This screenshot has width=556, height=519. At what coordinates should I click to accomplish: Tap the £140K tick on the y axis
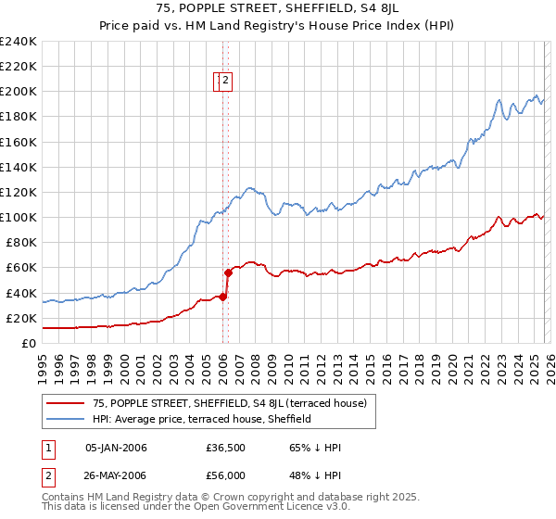[x=19, y=167]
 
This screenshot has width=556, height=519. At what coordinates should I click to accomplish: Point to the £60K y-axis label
[x=21, y=268]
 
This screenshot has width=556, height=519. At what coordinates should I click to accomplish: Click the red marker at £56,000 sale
[x=228, y=272]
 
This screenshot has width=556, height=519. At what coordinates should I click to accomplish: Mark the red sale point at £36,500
[x=222, y=297]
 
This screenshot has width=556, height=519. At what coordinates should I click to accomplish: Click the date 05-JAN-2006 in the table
[x=116, y=448]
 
